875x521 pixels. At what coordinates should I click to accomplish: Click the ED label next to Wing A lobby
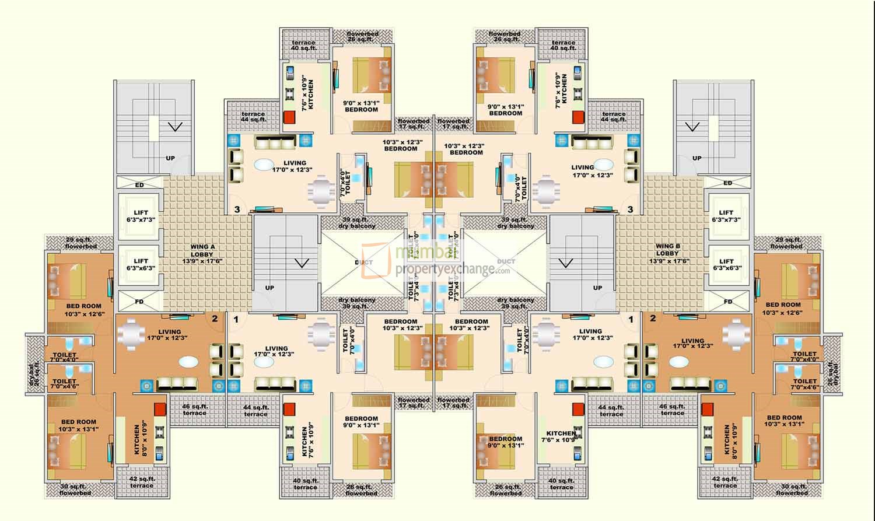[x=139, y=185]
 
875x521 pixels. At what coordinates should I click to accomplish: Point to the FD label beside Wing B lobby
[x=728, y=302]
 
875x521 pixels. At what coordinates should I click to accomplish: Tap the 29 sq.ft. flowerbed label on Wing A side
[x=81, y=243]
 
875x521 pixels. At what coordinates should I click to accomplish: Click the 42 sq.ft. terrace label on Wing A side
[x=142, y=482]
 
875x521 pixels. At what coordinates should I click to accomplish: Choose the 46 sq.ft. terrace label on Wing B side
[x=672, y=410]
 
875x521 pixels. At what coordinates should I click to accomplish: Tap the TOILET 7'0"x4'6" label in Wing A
[x=64, y=384]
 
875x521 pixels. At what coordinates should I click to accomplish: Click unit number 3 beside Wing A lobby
[x=237, y=209]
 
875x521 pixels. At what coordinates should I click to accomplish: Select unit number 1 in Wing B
[x=630, y=319]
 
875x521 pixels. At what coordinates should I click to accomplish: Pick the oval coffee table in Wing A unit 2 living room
[x=188, y=362]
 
